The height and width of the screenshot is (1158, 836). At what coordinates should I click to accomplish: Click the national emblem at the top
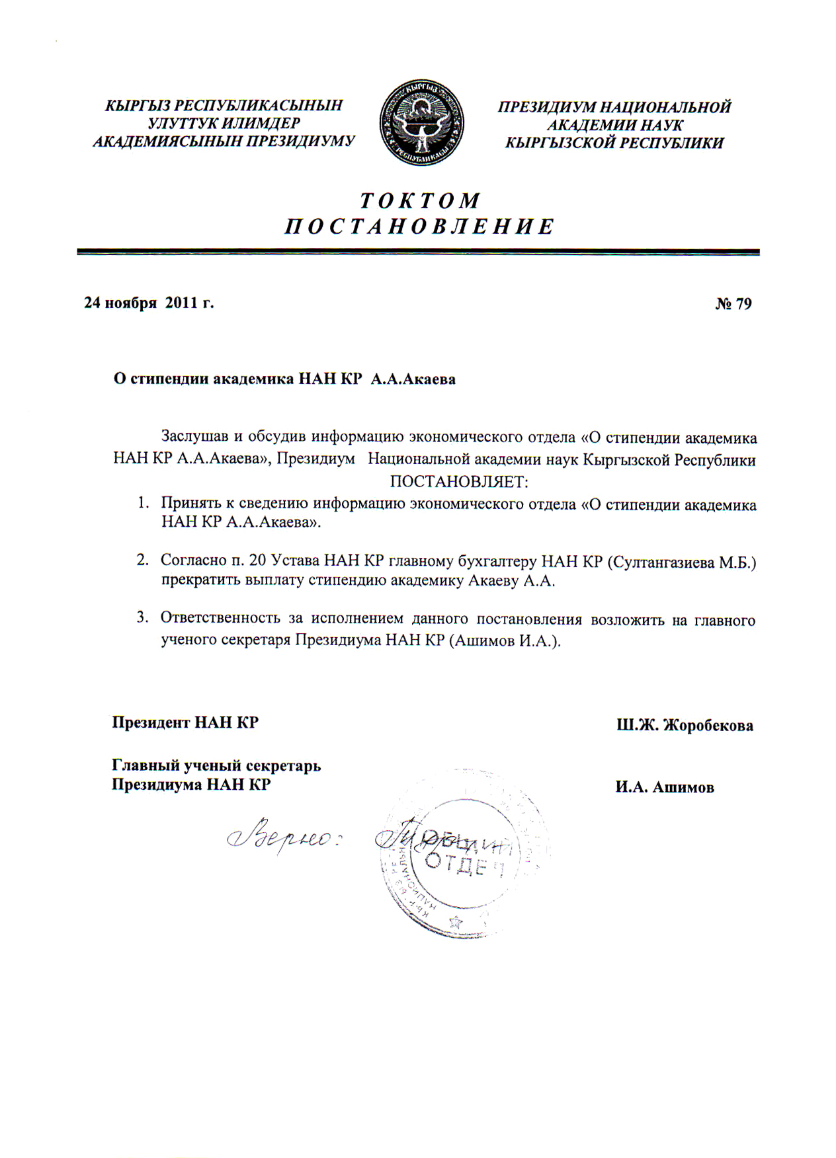tap(421, 123)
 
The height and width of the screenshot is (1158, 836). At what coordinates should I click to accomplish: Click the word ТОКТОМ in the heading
tap(420, 200)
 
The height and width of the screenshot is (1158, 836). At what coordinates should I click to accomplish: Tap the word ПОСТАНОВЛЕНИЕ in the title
tap(420, 227)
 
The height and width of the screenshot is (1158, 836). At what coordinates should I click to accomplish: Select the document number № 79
tap(733, 303)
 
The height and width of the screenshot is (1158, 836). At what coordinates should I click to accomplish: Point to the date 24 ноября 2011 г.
tap(149, 303)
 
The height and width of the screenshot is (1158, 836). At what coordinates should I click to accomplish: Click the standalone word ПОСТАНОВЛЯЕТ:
tap(459, 481)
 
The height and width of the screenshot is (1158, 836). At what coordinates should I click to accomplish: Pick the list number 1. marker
tap(142, 504)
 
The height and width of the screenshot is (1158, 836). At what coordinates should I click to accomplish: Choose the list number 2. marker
tap(142, 560)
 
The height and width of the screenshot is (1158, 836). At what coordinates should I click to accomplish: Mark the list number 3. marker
tap(142, 618)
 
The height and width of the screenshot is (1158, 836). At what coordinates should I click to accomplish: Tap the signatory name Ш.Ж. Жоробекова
tap(685, 725)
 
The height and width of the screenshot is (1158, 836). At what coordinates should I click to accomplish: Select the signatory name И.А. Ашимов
tap(665, 787)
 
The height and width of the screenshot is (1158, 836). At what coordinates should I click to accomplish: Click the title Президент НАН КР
tap(185, 722)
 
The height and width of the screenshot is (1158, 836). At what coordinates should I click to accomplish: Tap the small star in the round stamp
tap(456, 921)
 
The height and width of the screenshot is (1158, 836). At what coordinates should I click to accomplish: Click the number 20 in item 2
tap(258, 561)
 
